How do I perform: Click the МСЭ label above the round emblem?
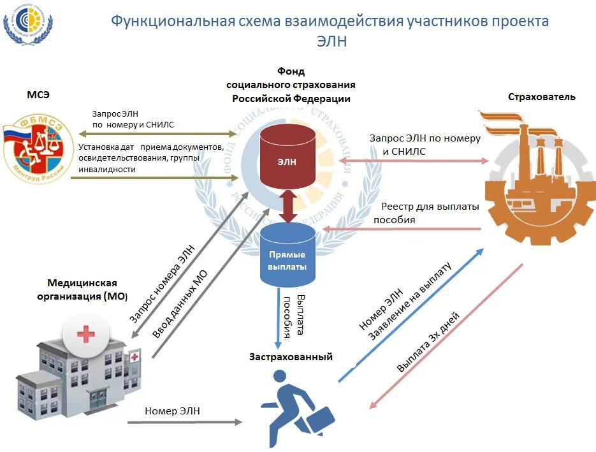(x=38, y=95)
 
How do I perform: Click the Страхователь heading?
(x=541, y=97)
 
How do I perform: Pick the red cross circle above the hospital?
(x=85, y=333)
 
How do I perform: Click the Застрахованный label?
(x=291, y=357)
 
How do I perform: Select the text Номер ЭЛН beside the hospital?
(x=172, y=411)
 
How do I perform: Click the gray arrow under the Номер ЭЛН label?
(x=185, y=422)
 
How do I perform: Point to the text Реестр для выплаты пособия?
(x=430, y=213)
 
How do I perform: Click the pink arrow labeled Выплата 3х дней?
(x=446, y=335)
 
